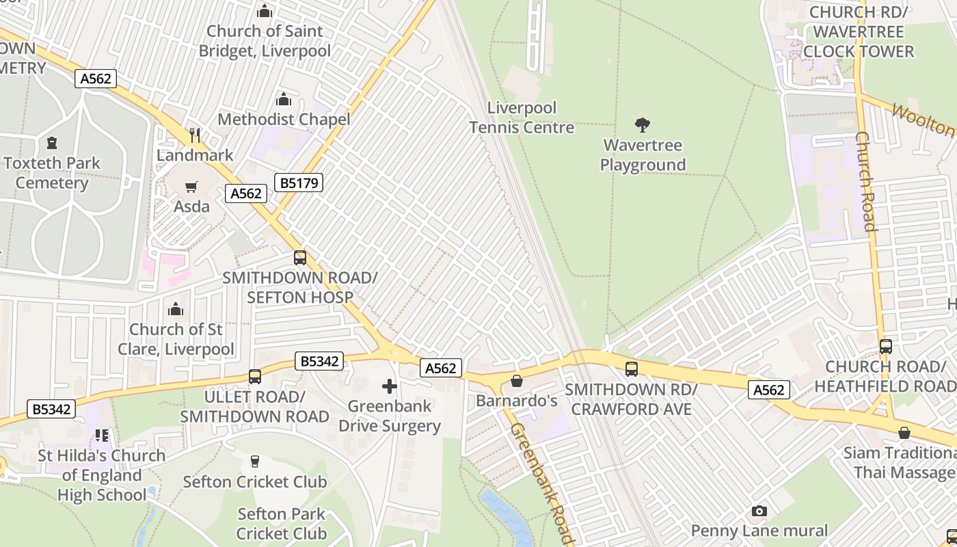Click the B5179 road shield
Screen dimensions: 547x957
[x=298, y=183]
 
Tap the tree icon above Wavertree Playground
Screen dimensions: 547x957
[x=642, y=125]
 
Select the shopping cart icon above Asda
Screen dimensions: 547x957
[x=191, y=187]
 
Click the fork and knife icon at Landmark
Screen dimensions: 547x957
[x=195, y=135]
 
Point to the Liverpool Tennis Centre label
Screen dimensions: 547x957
[x=522, y=118]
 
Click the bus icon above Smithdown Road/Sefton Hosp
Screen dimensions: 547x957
[x=299, y=258]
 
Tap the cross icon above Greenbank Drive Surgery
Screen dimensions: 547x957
[x=390, y=386]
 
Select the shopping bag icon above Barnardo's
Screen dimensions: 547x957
[x=517, y=381]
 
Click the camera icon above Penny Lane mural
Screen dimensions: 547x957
[x=759, y=511]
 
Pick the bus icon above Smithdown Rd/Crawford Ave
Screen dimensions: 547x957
[x=631, y=369]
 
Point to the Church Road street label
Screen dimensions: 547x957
[x=865, y=181]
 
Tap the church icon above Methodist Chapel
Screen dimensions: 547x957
[x=283, y=99]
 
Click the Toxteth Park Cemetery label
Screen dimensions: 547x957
[x=52, y=173]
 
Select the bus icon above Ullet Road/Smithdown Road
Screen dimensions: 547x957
[x=254, y=377]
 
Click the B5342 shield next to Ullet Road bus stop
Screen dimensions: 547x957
[x=319, y=361]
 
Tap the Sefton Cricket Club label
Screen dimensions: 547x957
[x=254, y=482]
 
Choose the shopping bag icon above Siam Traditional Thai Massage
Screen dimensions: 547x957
[x=904, y=433]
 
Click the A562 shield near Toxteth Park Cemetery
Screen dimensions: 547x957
[x=96, y=79]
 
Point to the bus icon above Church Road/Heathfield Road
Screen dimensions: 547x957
[x=885, y=347]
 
